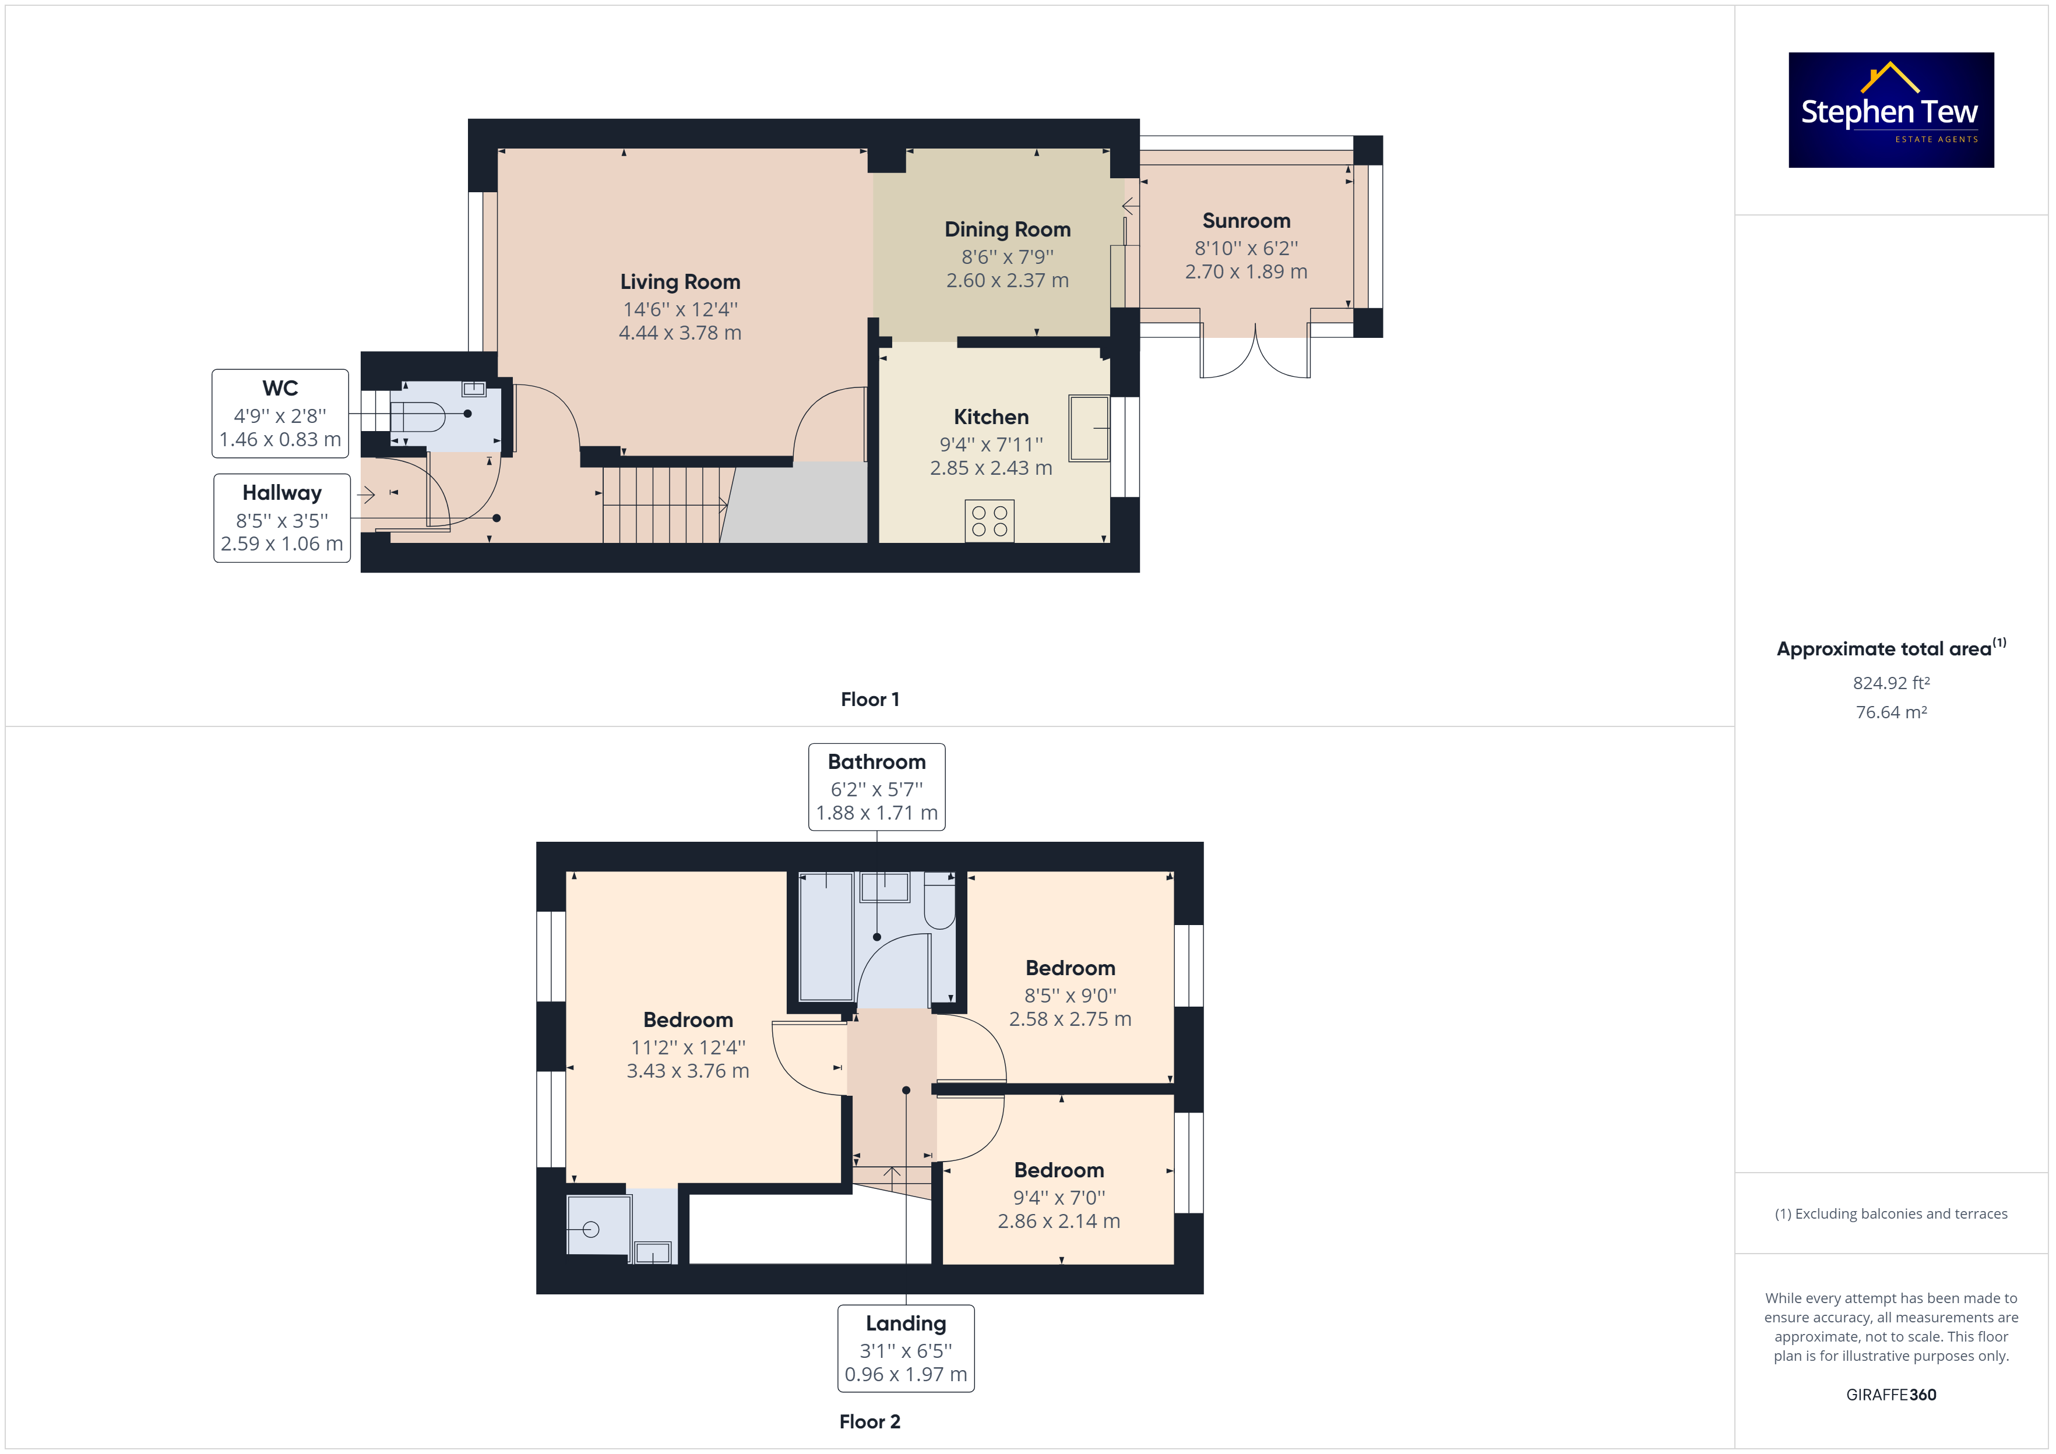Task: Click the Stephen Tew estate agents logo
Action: (x=1890, y=110)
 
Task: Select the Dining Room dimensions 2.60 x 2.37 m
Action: (x=1008, y=280)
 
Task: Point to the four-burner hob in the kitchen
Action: (x=990, y=521)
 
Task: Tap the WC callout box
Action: (x=280, y=414)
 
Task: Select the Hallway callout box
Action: (x=282, y=518)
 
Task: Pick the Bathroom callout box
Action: (x=876, y=787)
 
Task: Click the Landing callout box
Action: (x=906, y=1349)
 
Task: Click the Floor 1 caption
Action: (x=869, y=699)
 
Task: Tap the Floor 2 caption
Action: (x=869, y=1422)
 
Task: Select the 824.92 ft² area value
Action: (x=1891, y=683)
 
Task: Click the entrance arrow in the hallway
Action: (x=365, y=494)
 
